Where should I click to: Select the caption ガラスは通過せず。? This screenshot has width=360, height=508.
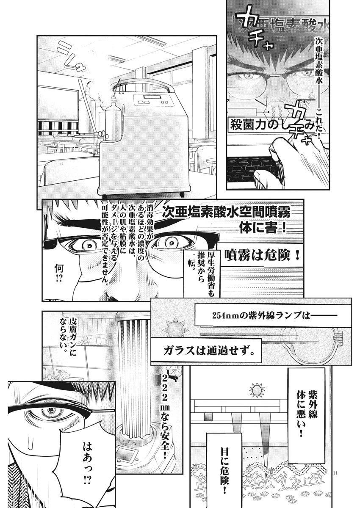[211, 351]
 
